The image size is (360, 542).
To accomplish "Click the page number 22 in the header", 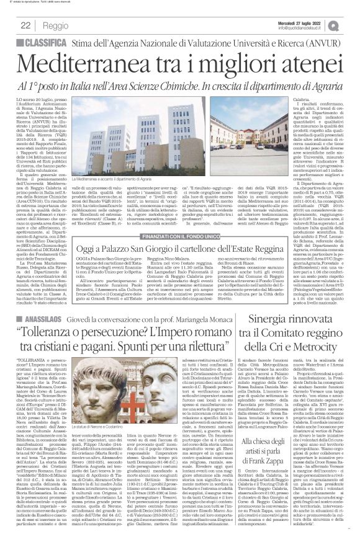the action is (26, 25).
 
